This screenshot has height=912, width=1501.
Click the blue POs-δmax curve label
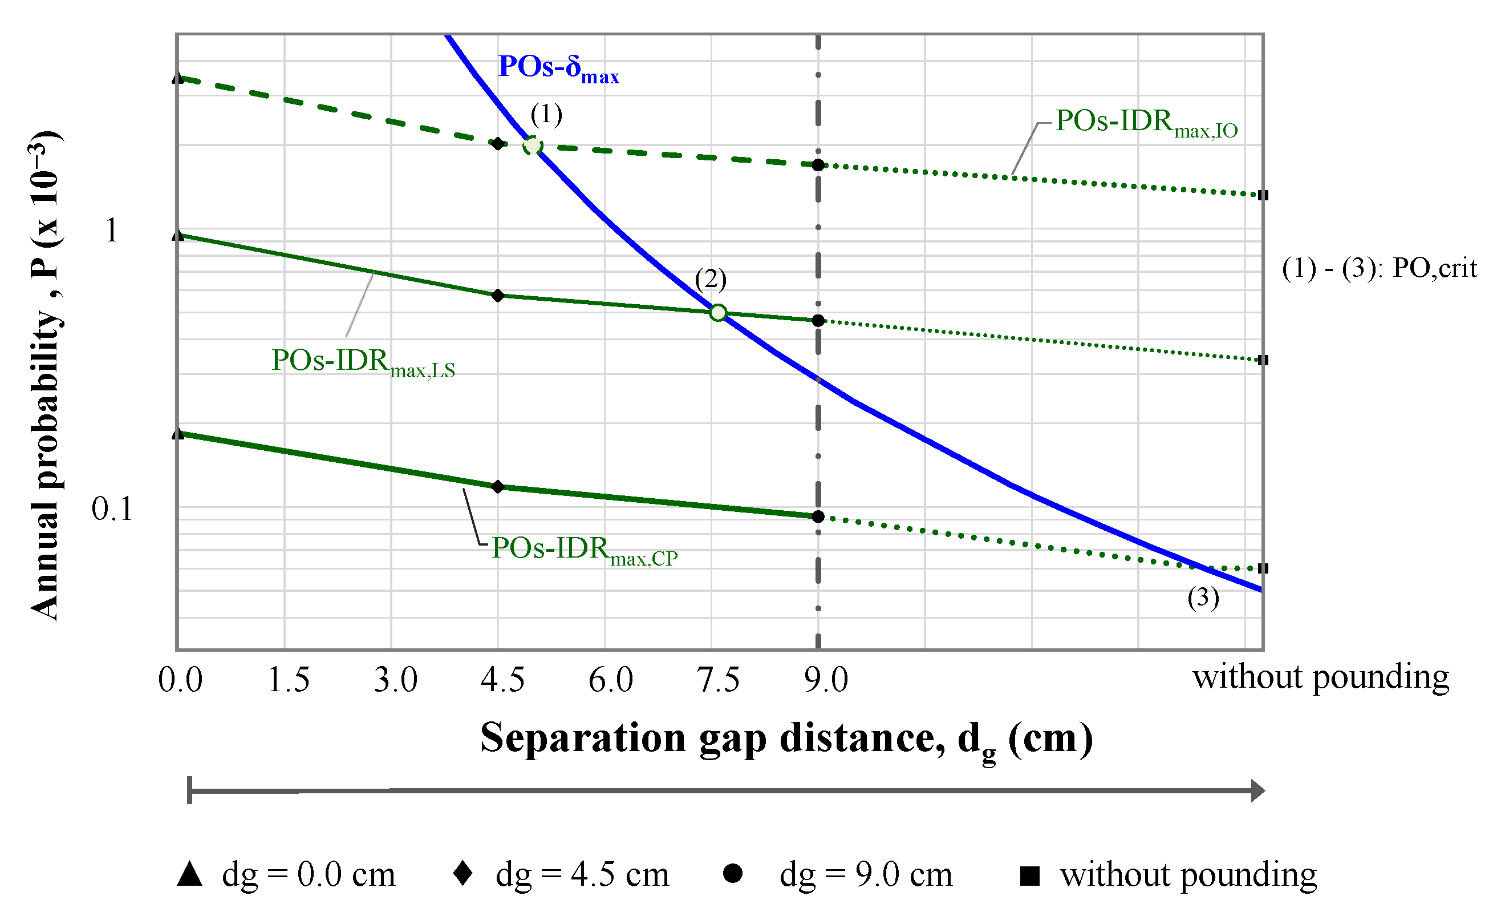click(558, 68)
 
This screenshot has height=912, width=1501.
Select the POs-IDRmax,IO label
click(1146, 123)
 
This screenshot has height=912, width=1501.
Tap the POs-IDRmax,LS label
click(363, 362)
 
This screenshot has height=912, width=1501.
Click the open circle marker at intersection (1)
click(533, 146)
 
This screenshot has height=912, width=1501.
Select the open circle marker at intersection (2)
click(718, 313)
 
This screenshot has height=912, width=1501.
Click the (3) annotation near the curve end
click(1203, 598)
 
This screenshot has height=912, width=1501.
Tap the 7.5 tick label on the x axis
click(718, 680)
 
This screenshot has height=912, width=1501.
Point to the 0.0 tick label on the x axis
click(180, 680)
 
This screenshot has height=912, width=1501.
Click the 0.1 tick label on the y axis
click(112, 509)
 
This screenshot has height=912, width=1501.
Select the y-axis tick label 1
click(111, 231)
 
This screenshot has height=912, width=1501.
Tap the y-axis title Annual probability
click(46, 375)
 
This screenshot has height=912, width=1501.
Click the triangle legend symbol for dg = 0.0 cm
click(189, 874)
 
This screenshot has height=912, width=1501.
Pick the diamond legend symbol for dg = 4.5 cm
click(463, 873)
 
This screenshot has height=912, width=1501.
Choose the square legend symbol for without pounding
click(1029, 876)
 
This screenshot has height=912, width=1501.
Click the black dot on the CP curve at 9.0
click(818, 517)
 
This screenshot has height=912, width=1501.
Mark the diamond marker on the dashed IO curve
click(498, 143)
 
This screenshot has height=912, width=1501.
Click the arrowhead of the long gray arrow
click(1257, 790)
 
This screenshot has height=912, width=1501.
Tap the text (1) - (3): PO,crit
click(1379, 268)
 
